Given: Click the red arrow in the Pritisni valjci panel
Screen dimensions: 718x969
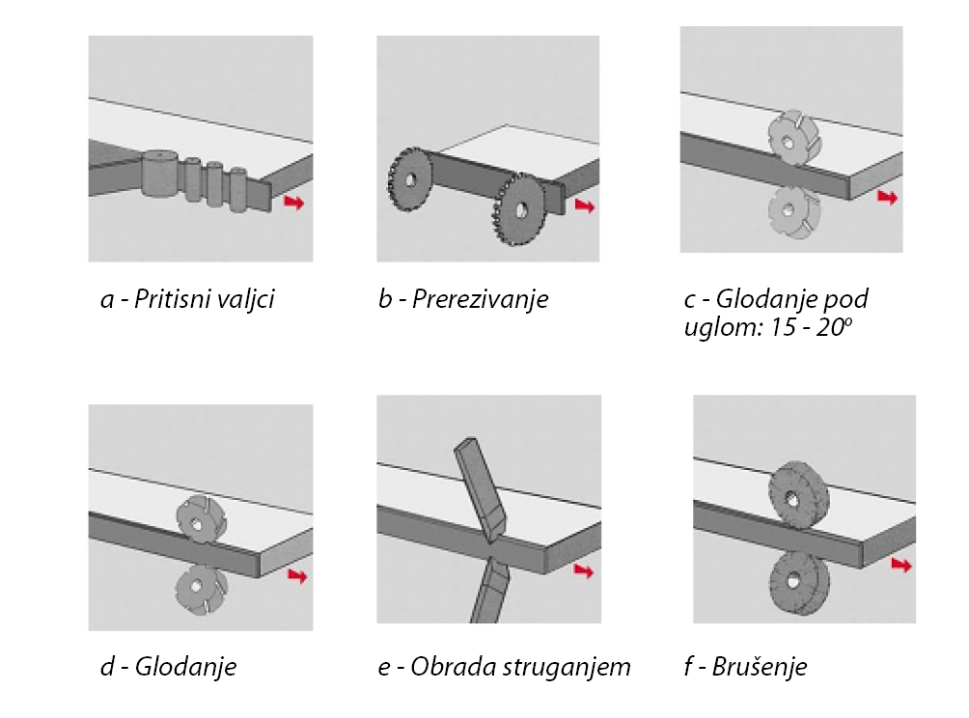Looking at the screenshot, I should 293,203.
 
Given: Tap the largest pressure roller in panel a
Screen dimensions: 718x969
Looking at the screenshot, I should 159,174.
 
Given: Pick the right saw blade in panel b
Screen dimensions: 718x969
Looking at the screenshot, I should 519,209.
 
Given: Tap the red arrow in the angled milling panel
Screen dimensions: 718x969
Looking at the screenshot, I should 887,197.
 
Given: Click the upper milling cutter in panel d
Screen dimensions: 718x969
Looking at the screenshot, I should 200,521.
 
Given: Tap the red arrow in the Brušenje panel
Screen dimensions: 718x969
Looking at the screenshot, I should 901,565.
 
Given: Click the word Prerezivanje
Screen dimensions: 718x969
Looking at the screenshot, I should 480,299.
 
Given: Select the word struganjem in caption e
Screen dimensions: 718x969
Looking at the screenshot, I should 573,667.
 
